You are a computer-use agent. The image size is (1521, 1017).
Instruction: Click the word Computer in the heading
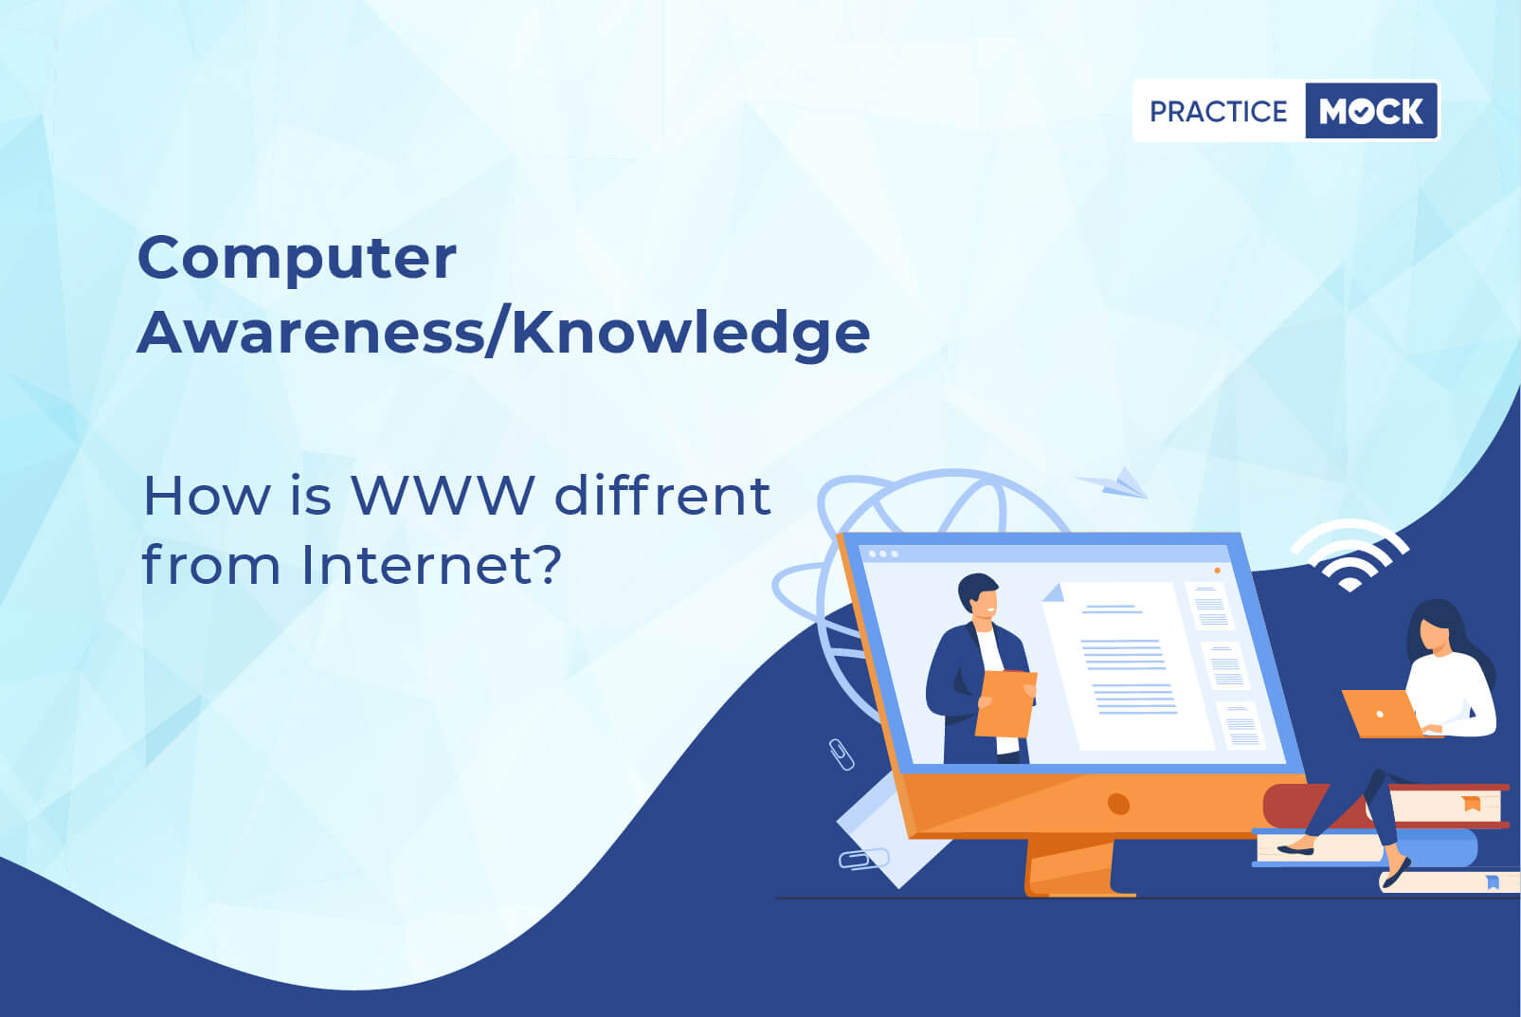point(297,260)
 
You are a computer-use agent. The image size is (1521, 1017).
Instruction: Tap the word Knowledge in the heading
point(690,334)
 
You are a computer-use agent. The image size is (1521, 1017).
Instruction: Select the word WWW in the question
point(444,495)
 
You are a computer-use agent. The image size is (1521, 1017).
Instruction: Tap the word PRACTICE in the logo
point(1219,111)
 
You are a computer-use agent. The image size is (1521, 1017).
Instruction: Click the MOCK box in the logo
point(1371,111)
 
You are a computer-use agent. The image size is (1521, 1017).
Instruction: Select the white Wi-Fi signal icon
point(1349,554)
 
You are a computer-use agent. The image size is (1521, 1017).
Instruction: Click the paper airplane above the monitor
point(1113,482)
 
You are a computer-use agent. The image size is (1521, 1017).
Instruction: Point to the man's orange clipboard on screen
point(1005,703)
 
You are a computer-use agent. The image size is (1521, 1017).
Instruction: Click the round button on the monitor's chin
point(1117,804)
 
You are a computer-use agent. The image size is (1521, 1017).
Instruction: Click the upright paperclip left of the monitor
point(842,754)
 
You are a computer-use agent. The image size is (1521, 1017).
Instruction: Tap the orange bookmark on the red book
point(1472,803)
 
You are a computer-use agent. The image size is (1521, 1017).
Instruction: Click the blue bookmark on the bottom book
point(1493,881)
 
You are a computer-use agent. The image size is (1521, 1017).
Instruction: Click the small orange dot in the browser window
point(1218,571)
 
